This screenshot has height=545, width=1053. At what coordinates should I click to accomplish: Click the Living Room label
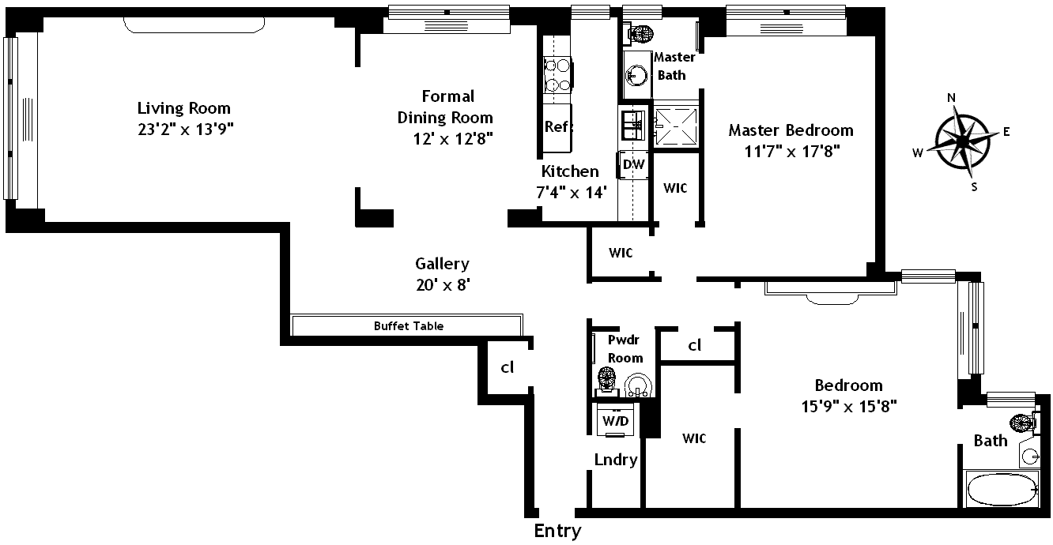(x=183, y=108)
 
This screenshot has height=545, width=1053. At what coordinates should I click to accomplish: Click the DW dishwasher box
(x=634, y=164)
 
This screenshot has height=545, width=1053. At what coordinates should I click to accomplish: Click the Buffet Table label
(x=408, y=325)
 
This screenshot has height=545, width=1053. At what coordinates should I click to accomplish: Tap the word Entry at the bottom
(x=557, y=531)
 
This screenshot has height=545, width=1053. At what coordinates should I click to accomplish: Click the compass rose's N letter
(x=952, y=98)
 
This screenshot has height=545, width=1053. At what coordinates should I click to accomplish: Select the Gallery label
(x=442, y=264)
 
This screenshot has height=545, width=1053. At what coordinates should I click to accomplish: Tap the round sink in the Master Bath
(x=636, y=75)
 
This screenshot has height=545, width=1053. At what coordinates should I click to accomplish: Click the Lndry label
(x=616, y=460)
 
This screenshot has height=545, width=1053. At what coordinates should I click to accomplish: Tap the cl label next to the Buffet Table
(x=508, y=367)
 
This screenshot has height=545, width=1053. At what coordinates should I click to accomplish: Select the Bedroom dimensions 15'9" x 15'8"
(x=847, y=408)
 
